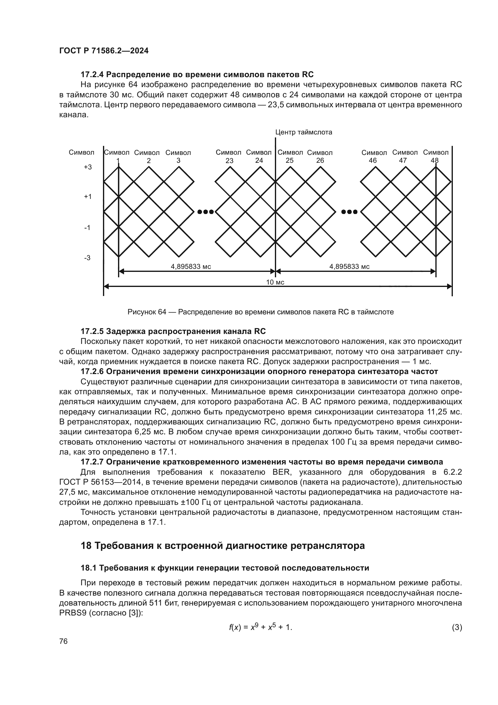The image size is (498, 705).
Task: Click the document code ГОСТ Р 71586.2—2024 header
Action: click(104, 51)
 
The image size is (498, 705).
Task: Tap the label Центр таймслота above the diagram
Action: click(303, 132)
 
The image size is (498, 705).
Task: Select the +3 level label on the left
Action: click(88, 167)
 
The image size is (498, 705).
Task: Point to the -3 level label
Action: click(87, 258)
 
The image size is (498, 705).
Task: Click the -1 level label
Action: click(87, 228)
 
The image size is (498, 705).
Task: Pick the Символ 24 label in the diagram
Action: click(259, 156)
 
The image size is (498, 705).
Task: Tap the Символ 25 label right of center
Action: click(290, 156)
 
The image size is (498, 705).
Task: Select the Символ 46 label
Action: click(374, 156)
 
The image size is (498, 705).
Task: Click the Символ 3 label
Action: click(178, 156)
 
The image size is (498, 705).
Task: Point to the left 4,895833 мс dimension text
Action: click(191, 266)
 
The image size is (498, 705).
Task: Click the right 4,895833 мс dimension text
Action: click(349, 266)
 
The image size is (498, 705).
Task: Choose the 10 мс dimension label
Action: click(275, 282)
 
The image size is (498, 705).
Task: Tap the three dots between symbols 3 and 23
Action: click(205, 212)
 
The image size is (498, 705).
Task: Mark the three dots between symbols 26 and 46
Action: click(349, 212)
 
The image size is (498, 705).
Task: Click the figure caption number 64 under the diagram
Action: click(162, 312)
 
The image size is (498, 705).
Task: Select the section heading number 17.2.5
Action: click(92, 331)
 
